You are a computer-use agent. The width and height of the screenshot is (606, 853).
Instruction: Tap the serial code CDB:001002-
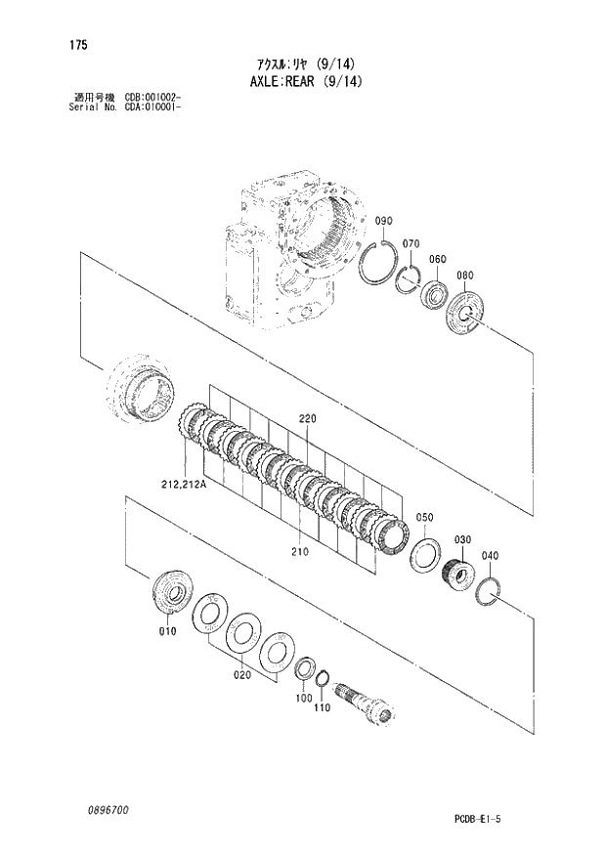152,98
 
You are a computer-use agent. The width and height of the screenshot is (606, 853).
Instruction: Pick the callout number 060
436,259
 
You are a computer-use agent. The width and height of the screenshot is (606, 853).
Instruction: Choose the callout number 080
464,275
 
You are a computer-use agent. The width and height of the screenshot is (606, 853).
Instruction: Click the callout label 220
308,419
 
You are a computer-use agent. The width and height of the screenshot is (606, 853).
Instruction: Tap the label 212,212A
178,482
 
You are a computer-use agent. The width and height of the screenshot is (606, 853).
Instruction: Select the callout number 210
299,552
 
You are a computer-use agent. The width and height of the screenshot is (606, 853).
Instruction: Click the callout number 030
462,539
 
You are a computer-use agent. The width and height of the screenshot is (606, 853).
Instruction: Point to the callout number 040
491,556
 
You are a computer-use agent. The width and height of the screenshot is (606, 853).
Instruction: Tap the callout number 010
166,632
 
